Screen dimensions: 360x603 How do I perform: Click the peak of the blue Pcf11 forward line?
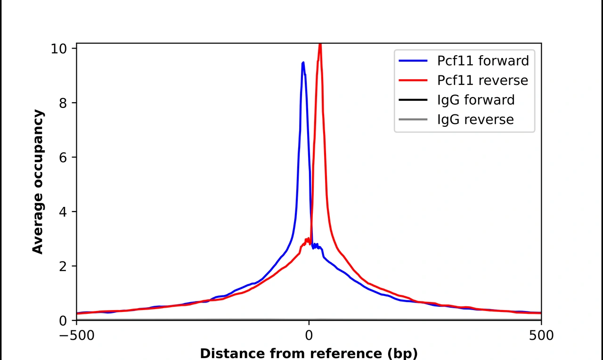tap(303, 63)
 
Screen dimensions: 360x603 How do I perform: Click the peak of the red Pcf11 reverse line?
tap(320, 45)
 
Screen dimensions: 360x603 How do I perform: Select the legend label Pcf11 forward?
tap(483, 61)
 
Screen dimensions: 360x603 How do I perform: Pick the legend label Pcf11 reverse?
tap(482, 81)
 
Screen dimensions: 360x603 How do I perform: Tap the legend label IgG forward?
tap(476, 100)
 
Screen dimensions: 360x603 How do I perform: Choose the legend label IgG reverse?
tap(475, 120)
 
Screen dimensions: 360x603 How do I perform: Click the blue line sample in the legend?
tap(413, 61)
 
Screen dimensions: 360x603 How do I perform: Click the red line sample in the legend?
tap(413, 81)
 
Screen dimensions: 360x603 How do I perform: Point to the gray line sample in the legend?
tap(413, 120)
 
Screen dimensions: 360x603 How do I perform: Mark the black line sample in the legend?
tap(413, 100)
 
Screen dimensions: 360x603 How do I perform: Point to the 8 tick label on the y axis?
tap(63, 103)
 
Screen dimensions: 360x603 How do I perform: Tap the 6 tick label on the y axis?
tap(63, 157)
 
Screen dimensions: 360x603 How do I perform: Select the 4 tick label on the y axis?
tap(63, 212)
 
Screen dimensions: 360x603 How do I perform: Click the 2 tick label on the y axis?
tap(63, 266)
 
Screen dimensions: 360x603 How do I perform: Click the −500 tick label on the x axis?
tap(76, 335)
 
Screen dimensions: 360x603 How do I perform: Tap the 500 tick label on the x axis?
tap(541, 335)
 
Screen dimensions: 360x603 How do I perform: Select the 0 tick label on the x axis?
tap(309, 335)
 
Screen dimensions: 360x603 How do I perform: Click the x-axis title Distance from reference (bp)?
tap(309, 353)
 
